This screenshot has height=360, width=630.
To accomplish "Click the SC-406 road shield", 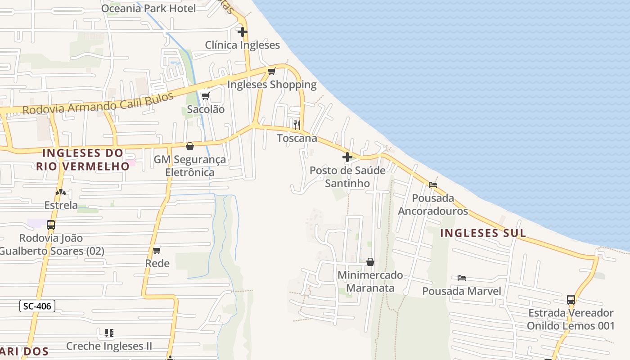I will [x=38, y=306].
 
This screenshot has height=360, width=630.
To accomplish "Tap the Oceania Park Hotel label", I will [x=148, y=8].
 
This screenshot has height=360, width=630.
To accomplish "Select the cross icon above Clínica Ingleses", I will [x=243, y=32].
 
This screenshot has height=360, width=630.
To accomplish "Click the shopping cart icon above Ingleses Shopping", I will [x=271, y=71].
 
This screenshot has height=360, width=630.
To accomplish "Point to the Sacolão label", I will [x=206, y=109].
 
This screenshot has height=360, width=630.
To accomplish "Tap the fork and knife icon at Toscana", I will [x=297, y=125].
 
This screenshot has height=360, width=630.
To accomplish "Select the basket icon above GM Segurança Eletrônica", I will [x=190, y=146].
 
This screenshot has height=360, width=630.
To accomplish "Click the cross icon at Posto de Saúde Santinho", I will [x=347, y=157].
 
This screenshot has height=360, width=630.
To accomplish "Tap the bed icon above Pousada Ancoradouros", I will [x=433, y=184].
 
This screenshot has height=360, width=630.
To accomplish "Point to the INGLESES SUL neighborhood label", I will [x=483, y=233].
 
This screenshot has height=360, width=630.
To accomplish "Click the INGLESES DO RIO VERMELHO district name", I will [x=83, y=159].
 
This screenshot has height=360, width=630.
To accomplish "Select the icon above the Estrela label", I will [x=60, y=192].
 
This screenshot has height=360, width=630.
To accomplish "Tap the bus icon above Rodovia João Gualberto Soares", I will [x=51, y=225].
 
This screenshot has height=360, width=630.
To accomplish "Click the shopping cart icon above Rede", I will [x=157, y=250].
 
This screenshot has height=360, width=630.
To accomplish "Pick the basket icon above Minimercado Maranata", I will [x=370, y=262].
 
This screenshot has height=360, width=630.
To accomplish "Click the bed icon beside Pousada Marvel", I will [x=462, y=278].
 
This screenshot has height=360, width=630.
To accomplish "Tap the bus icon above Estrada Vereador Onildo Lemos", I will [x=571, y=299].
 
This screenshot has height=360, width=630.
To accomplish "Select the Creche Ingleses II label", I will [x=109, y=346].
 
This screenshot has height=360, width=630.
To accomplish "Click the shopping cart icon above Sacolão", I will [x=206, y=96].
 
